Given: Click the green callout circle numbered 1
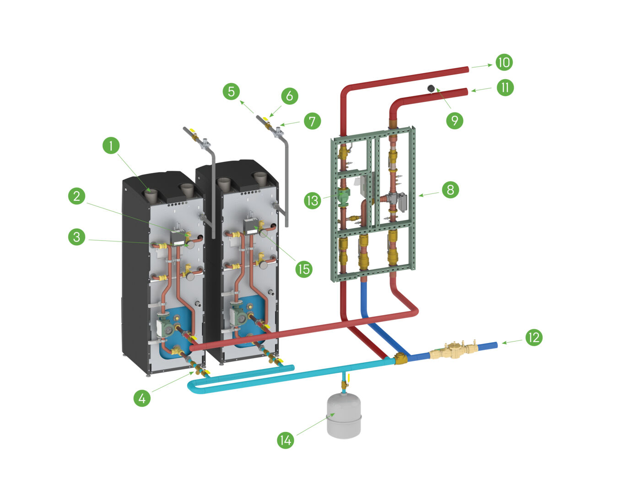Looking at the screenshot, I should coord(111,146).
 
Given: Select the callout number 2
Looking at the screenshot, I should coord(77,197).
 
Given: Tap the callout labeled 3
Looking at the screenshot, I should coord(77,237).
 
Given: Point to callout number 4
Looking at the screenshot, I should coord(142,398).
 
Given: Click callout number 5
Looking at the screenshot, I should coord(232,91).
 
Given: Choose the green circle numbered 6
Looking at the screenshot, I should coord(290,96).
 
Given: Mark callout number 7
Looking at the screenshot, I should coord(312,121).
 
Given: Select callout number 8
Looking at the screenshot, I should coord(450,189).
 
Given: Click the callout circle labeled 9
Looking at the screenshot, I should coord(454,120).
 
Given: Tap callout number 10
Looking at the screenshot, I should coord(504,62).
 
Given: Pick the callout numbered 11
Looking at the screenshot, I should coord(505,87).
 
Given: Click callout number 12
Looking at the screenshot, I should coord(533,338).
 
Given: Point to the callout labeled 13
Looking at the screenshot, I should coord(312,200).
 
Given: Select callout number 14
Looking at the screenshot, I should coord(286,440).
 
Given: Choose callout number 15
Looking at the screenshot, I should coord(303,269).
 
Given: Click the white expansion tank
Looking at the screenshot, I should coord(344,417).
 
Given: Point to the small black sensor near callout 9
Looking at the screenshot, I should coord(431,88).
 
